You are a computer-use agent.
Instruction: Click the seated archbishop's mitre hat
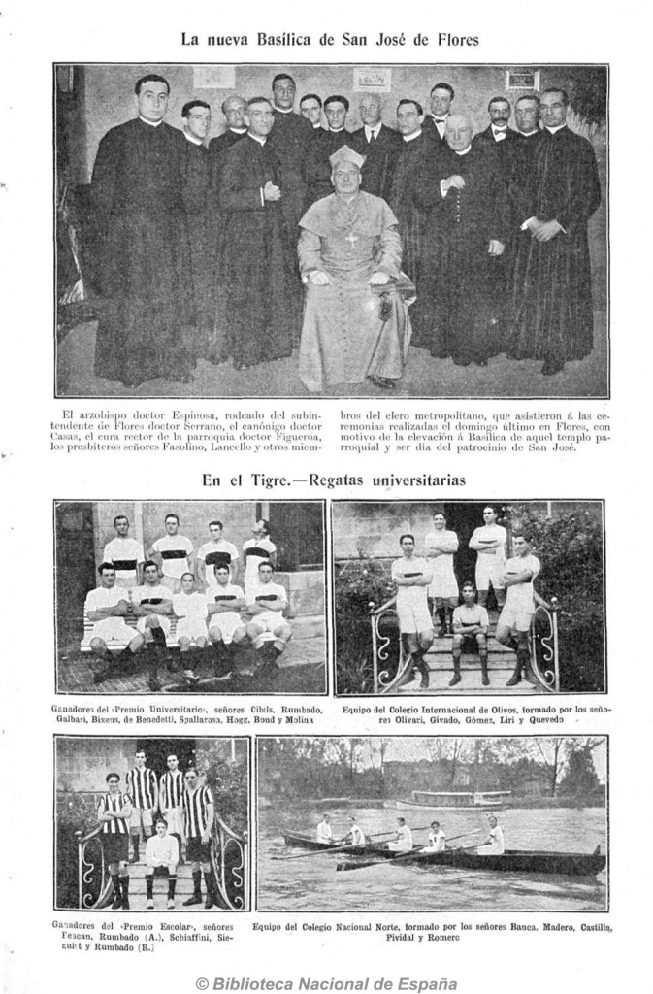pos(346,157)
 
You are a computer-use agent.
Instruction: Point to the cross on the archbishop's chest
pos(352,237)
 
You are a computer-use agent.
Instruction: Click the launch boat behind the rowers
pos(451,802)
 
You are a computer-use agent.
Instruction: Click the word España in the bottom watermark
pos(424,982)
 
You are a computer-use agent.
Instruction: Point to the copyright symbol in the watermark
pos(203,982)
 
